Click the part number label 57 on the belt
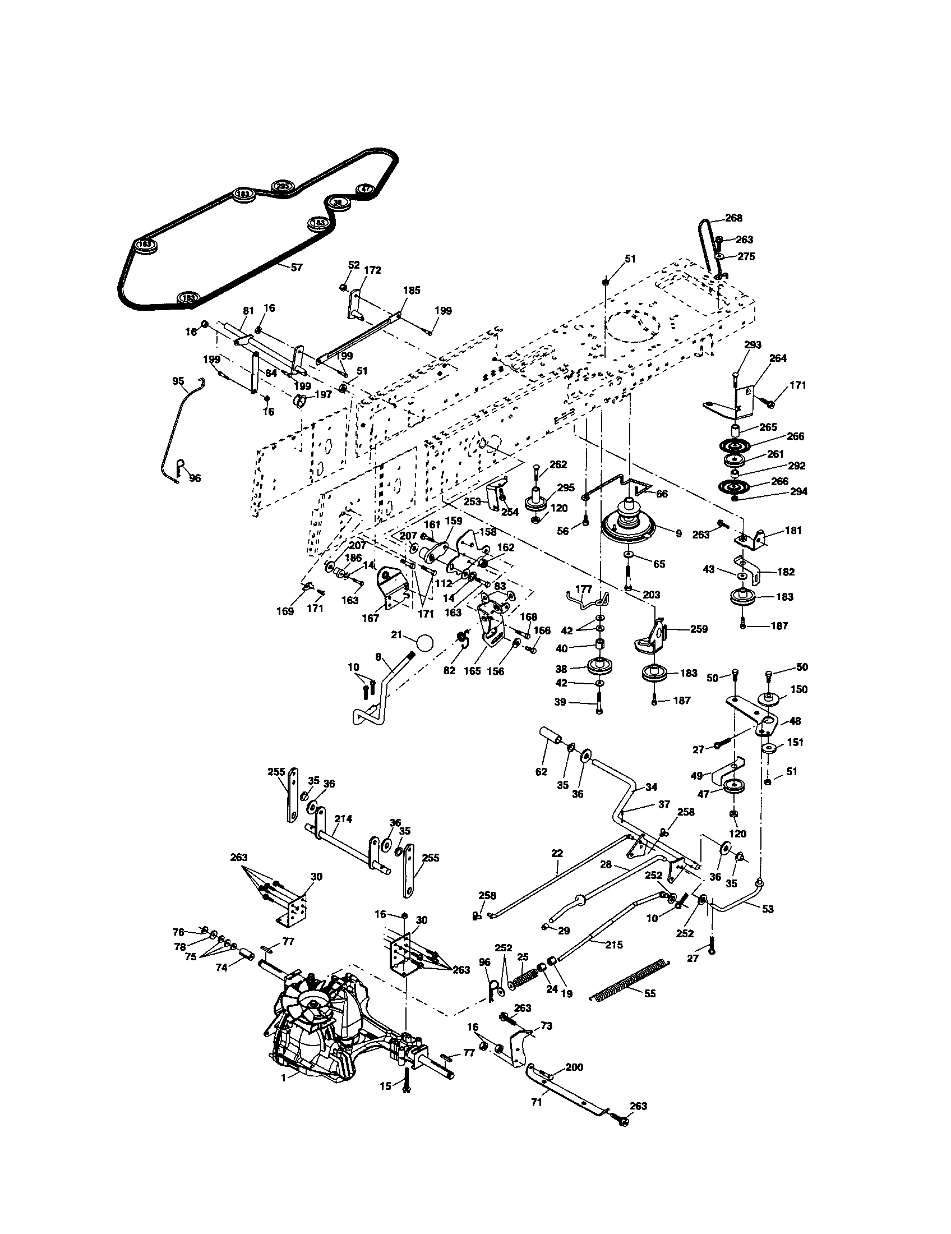297,268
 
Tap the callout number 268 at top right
733,218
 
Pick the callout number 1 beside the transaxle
284,1078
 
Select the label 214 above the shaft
343,818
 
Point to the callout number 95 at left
178,381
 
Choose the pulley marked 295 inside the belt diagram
283,186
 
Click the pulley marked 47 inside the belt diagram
366,189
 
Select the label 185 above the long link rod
412,291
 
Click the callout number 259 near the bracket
699,629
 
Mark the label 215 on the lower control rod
614,944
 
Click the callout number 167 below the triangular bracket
371,619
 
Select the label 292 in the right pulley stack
796,466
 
